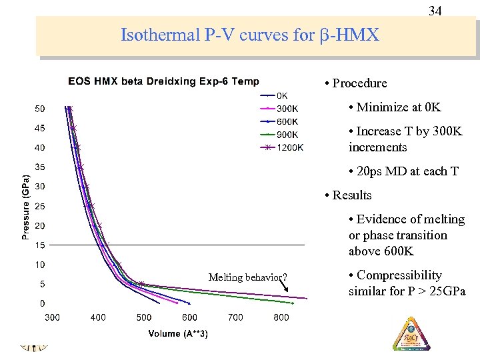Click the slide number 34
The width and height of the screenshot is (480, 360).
(x=435, y=11)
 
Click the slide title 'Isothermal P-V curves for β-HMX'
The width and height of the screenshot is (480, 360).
(x=250, y=35)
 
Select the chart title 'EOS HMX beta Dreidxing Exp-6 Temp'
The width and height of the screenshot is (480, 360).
(x=163, y=81)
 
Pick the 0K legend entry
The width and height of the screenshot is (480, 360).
(x=283, y=95)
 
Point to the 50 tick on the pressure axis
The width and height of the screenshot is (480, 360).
(x=40, y=109)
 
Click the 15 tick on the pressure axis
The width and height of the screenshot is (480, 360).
(x=40, y=245)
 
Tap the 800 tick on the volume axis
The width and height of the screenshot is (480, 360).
(x=281, y=317)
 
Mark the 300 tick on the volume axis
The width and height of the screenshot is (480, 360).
(x=52, y=317)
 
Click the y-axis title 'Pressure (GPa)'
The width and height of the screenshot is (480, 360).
(x=25, y=207)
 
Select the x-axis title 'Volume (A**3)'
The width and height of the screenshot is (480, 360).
(x=178, y=333)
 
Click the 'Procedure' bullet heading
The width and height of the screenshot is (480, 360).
(x=359, y=83)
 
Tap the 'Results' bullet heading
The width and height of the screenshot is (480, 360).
(x=351, y=195)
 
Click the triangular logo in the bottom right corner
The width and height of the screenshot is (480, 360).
(x=411, y=333)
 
